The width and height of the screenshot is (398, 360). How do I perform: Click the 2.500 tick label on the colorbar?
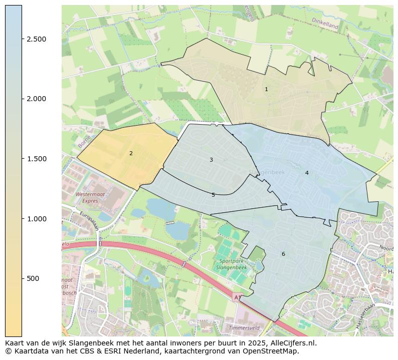36,39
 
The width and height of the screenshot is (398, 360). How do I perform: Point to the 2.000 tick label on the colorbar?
36,99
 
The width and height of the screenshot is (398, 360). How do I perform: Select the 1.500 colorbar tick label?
36,159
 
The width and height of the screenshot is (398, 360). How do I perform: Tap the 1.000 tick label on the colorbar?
36,219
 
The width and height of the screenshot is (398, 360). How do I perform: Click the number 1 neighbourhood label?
266,89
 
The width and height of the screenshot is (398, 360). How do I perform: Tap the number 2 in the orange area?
131,153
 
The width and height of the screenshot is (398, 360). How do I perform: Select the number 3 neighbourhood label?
211,160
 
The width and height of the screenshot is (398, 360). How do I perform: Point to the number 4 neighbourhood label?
307,173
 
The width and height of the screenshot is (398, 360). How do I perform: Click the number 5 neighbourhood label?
213,195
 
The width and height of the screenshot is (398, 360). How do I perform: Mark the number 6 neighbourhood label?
283,254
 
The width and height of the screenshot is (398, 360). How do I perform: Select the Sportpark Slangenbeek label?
231,264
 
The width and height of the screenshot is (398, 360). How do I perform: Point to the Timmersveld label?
244,327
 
